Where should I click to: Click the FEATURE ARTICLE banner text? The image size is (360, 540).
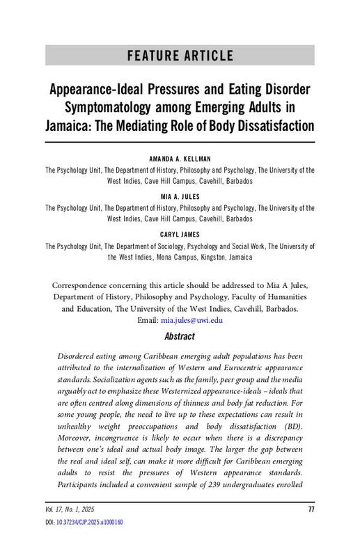click(180, 56)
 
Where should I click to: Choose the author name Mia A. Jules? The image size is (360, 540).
click(180, 197)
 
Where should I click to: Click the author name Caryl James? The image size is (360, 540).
click(180, 235)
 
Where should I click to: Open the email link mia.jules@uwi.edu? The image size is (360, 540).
click(191, 320)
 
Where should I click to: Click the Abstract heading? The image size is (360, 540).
click(179, 337)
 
